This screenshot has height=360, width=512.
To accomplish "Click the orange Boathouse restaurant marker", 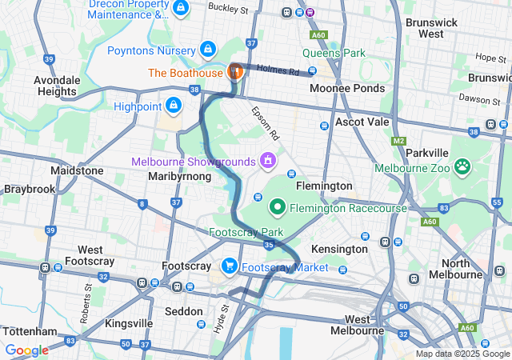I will [x=235, y=72].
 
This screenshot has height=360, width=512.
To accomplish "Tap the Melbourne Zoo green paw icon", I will [x=462, y=166].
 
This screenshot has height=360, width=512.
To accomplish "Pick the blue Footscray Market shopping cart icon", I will [x=230, y=266].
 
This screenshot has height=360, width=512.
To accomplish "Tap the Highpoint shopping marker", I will [x=173, y=105].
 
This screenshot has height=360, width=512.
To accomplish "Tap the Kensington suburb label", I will [x=338, y=249].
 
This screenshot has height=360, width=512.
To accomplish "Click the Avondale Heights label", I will [x=57, y=86].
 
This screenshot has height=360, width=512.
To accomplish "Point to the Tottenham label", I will [x=30, y=331].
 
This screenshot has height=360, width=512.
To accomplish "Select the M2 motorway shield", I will [x=399, y=141].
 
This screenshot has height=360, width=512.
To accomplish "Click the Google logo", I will [x=27, y=350].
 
